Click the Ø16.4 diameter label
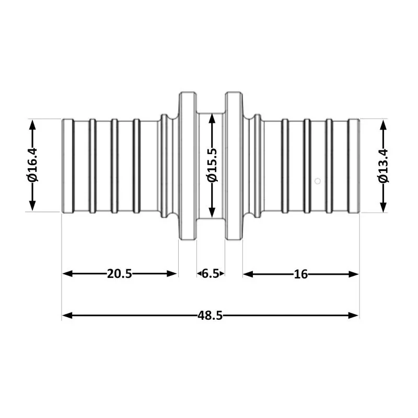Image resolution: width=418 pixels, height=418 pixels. pyautogui.click(x=32, y=166)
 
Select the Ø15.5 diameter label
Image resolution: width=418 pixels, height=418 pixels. pyautogui.click(x=212, y=166)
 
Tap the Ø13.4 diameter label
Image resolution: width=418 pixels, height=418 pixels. pyautogui.click(x=384, y=166)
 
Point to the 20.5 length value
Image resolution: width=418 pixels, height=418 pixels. pyautogui.click(x=120, y=274)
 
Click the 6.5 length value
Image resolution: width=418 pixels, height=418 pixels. pyautogui.click(x=211, y=274)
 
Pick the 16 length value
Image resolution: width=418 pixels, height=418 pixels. pyautogui.click(x=300, y=274)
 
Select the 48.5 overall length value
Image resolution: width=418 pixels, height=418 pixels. pyautogui.click(x=210, y=316)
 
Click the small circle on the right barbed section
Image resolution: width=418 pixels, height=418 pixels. pyautogui.click(x=317, y=181)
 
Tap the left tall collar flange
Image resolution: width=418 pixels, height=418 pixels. pyautogui.click(x=188, y=166)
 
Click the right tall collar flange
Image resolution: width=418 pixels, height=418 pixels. pyautogui.click(x=234, y=166)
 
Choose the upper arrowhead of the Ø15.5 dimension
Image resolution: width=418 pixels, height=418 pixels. pyautogui.click(x=212, y=119)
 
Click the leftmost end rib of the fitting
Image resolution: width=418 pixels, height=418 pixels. pyautogui.click(x=67, y=166)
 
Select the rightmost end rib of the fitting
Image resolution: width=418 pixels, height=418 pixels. pyautogui.click(x=354, y=166)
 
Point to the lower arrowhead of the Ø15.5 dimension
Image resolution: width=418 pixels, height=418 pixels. pyautogui.click(x=212, y=212)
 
